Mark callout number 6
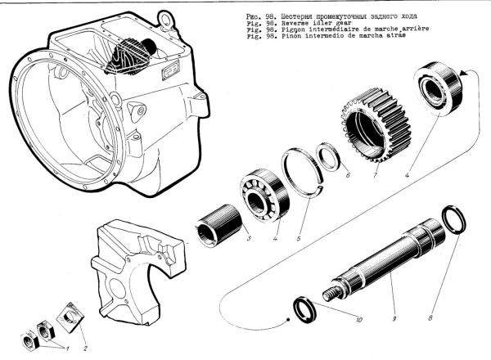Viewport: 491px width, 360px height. click(x=347, y=173)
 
